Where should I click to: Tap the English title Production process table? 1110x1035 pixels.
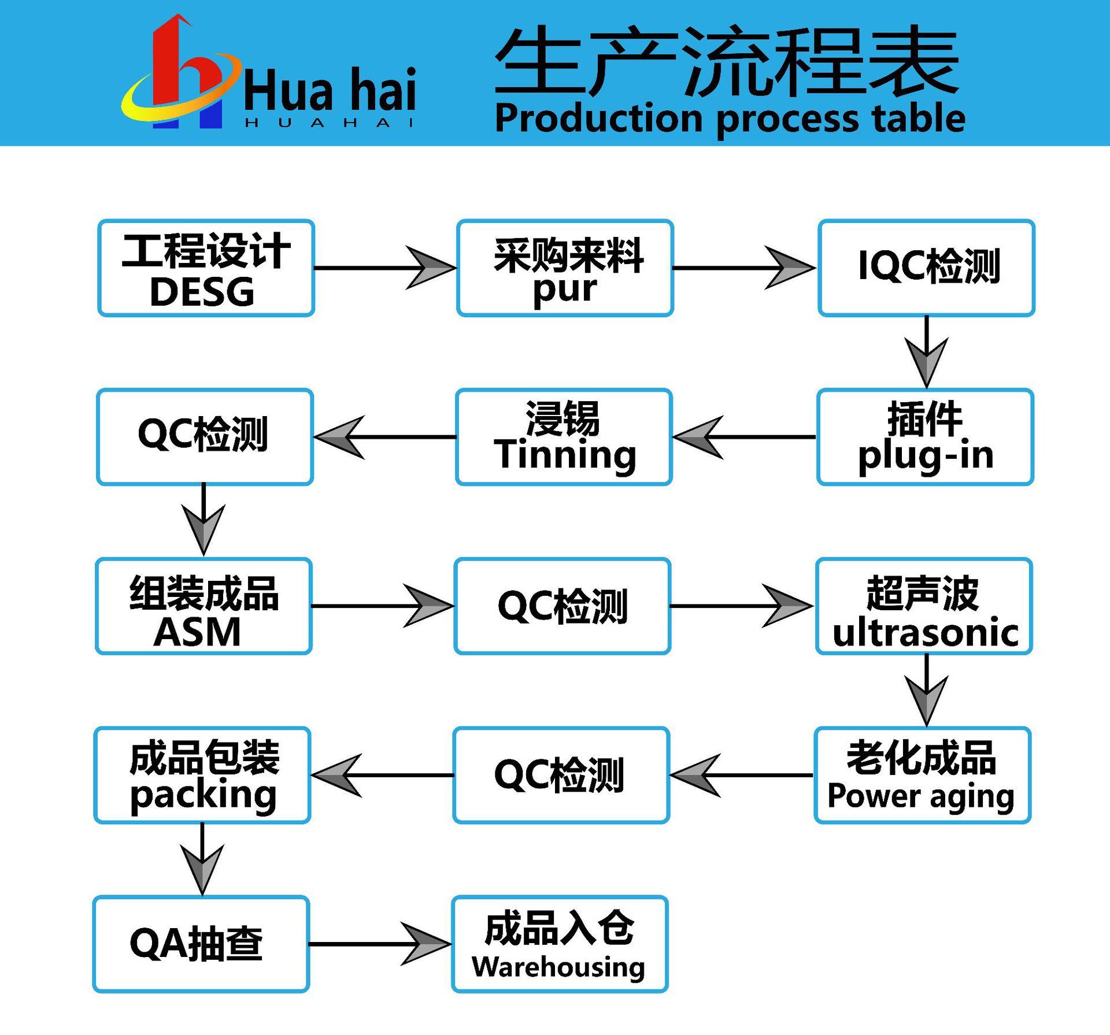tap(730, 118)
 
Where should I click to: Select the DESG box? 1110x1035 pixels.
tap(206, 268)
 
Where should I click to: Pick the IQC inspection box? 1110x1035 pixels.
tap(926, 268)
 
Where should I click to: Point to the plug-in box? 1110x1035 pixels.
tap(925, 437)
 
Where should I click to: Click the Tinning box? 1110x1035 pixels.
tap(564, 437)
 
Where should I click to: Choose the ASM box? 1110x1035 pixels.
tap(203, 606)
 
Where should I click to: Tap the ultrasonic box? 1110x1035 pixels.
tap(924, 606)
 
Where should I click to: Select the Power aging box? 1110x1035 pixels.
tap(922, 776)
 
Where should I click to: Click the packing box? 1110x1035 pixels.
tap(202, 776)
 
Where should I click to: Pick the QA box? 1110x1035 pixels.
tap(201, 944)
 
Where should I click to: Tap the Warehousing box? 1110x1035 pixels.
tap(560, 944)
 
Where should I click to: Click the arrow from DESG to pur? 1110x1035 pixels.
tap(385, 268)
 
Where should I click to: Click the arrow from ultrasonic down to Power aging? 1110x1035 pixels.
tap(926, 690)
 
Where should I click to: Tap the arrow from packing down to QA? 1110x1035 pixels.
tap(202, 859)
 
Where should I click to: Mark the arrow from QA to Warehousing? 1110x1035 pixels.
tap(380, 944)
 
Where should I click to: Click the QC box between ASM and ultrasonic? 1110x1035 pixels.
tap(563, 606)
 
